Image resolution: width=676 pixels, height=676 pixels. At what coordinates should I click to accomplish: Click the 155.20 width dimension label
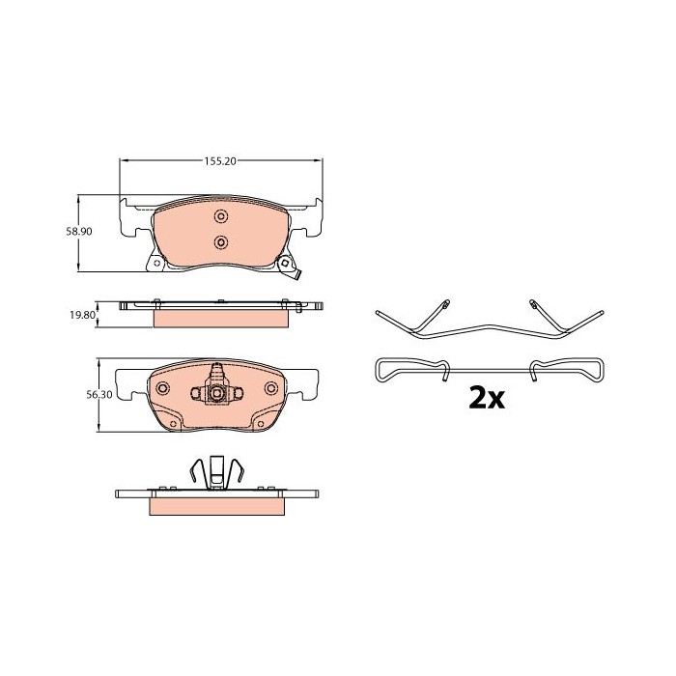click(221, 162)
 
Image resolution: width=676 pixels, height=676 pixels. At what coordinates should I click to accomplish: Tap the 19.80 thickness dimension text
click(82, 315)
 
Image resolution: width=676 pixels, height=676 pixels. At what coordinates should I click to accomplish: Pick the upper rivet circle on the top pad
click(219, 215)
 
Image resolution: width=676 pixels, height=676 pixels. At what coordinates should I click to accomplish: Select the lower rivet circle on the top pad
click(219, 241)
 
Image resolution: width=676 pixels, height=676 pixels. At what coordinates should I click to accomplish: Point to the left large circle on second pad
click(162, 388)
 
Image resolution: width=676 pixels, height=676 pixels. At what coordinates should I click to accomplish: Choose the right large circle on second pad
click(274, 388)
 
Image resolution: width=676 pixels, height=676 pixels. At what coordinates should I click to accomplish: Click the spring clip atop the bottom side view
click(218, 474)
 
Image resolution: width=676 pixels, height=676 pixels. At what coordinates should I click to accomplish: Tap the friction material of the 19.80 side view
click(220, 317)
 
